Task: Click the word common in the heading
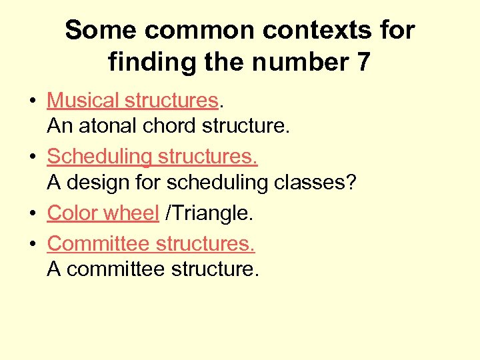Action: pos(193,30)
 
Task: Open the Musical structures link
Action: pos(133,100)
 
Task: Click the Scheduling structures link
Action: pos(152,157)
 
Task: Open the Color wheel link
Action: pos(103,213)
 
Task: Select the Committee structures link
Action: pos(151,243)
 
